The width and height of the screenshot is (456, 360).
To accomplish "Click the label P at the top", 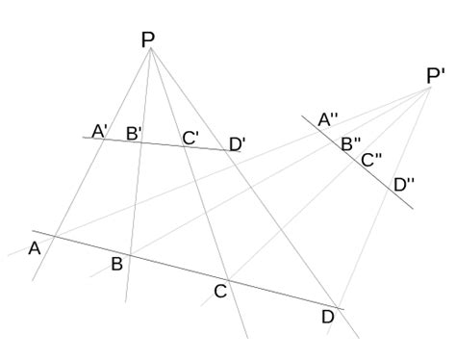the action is pyautogui.click(x=147, y=39).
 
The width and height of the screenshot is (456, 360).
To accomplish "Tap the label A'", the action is pyautogui.click(x=100, y=130).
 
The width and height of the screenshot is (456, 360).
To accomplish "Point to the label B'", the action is pyautogui.click(x=134, y=134).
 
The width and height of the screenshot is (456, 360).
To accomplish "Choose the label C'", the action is pyautogui.click(x=191, y=138).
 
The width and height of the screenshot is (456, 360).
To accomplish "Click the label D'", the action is pyautogui.click(x=238, y=144).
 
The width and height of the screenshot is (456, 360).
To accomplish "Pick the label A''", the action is pyautogui.click(x=328, y=120).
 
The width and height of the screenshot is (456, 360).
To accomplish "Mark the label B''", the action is pyautogui.click(x=351, y=143).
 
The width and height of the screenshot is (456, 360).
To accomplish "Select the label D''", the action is pyautogui.click(x=404, y=183).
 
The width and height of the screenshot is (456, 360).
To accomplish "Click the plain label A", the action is pyautogui.click(x=35, y=248).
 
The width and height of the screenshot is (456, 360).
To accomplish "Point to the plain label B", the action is pyautogui.click(x=116, y=264).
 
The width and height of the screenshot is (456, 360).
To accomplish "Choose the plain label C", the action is pyautogui.click(x=219, y=290).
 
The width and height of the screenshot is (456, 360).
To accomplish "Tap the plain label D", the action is pyautogui.click(x=327, y=316).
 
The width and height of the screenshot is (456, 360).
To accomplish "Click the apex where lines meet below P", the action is pyautogui.click(x=151, y=49).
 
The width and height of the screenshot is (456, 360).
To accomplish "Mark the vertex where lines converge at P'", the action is pyautogui.click(x=430, y=88).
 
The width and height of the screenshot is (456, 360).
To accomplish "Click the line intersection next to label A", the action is pyautogui.click(x=55, y=236).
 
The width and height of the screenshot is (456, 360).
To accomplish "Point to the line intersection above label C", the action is pyautogui.click(x=227, y=279).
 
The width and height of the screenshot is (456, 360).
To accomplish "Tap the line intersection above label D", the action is pyautogui.click(x=338, y=307).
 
